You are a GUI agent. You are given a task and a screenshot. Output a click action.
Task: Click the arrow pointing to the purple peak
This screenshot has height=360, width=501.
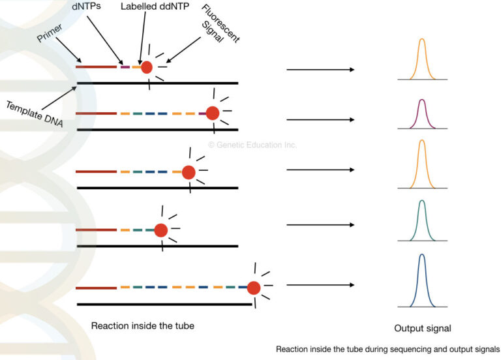[320, 120]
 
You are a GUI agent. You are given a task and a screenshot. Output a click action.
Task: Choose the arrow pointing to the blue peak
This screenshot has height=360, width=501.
[320, 285]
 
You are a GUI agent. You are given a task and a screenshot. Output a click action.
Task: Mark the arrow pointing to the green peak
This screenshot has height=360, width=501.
[320, 226]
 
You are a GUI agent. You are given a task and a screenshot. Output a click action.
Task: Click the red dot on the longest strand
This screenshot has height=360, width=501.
[254, 288]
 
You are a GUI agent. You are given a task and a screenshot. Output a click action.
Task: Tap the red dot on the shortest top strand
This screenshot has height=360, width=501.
[147, 67]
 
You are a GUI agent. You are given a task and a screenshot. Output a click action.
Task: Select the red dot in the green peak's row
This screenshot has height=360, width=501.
[160, 230]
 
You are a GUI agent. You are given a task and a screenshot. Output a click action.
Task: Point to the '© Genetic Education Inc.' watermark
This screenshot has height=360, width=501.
[252, 145]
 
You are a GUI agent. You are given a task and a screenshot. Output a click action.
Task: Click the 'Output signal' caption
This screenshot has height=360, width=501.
[422, 328]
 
